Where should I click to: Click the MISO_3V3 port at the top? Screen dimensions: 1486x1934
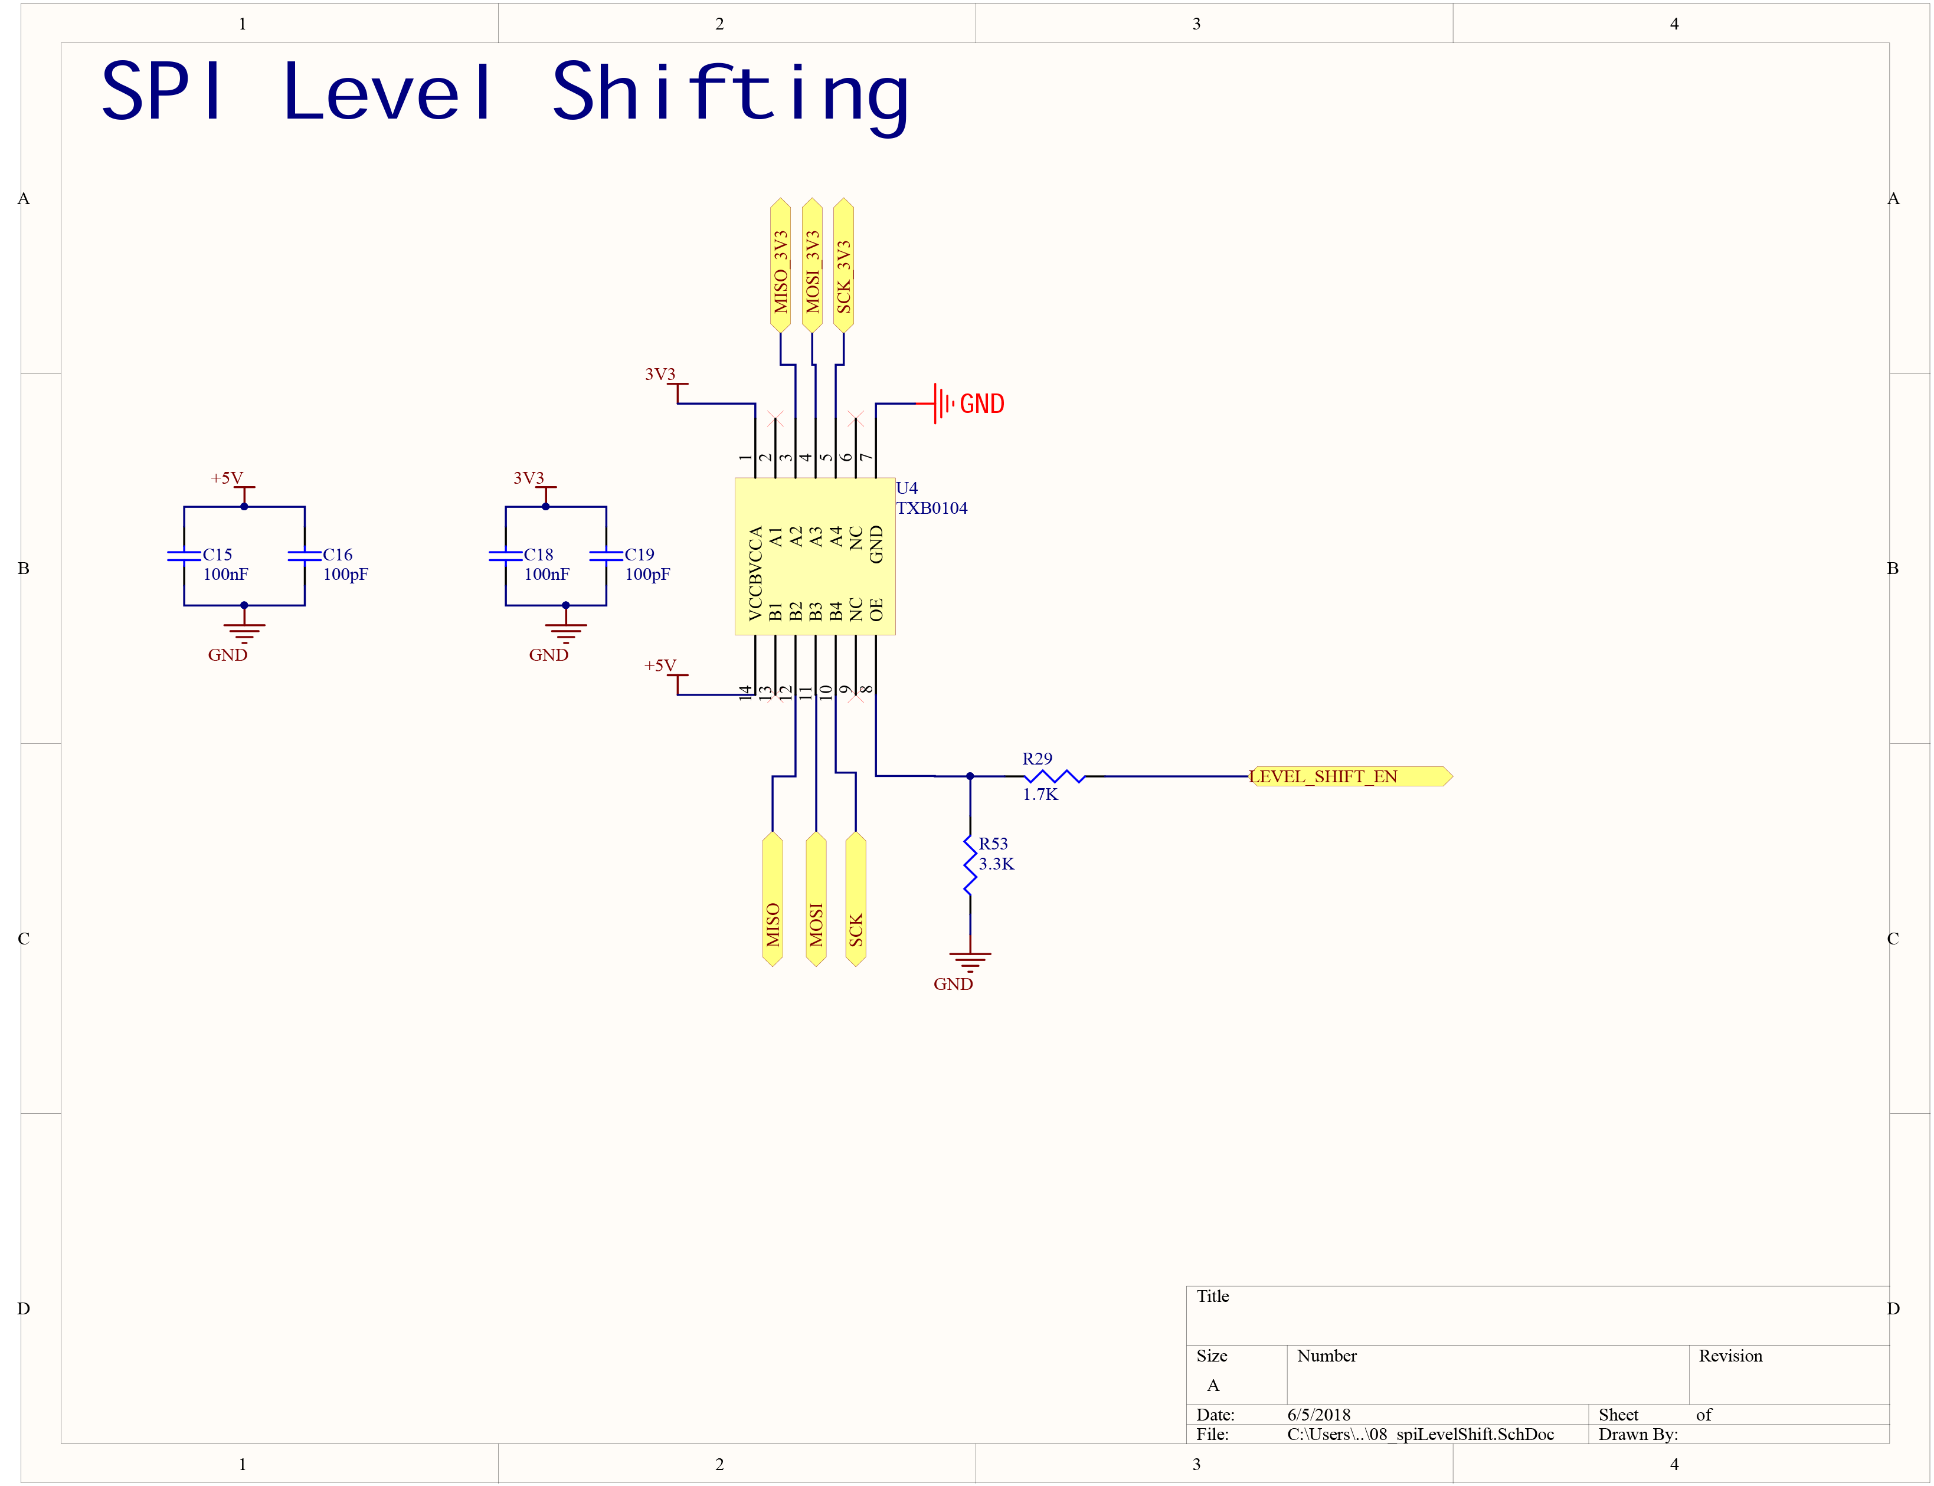coord(780,265)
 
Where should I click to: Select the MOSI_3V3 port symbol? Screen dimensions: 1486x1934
coord(811,265)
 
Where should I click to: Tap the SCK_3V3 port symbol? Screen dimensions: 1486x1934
coord(843,265)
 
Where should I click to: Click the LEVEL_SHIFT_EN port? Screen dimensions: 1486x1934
coord(1349,776)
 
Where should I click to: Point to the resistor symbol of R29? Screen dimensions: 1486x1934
coord(1053,776)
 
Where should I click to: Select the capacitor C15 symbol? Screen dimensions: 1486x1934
coord(184,556)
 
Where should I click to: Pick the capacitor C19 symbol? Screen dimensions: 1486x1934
coord(606,556)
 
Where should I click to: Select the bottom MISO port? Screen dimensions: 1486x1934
coord(773,898)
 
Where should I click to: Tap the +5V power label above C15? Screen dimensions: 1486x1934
coord(227,478)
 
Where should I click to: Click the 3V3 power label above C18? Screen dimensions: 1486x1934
coord(529,478)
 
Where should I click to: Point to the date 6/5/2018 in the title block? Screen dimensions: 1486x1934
coord(1318,1415)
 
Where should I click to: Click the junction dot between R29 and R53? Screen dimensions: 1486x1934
coord(970,776)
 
